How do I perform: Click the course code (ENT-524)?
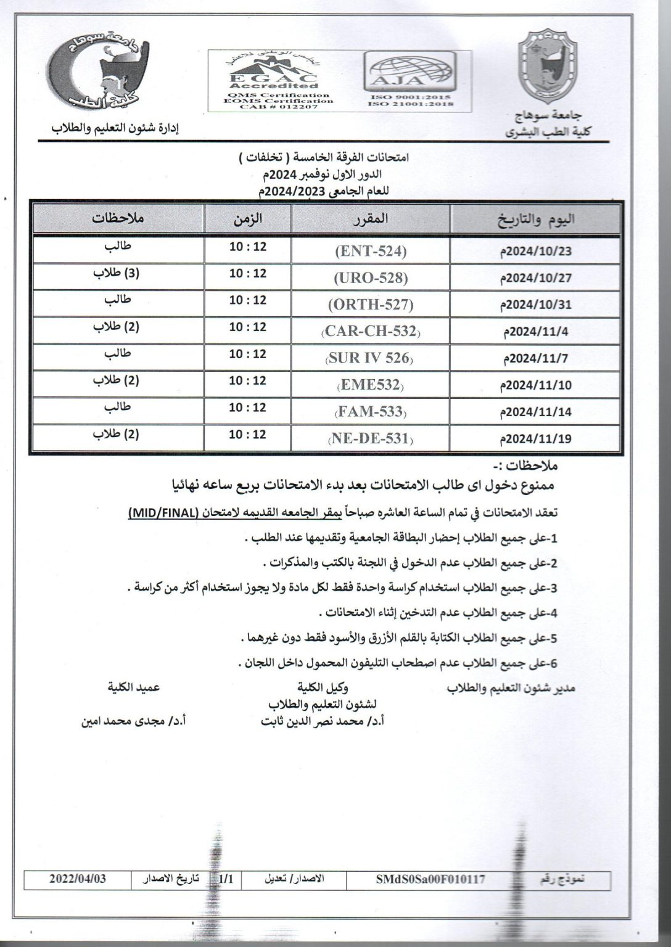tap(371, 251)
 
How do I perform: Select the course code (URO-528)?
tap(371, 277)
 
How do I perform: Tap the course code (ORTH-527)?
tap(371, 305)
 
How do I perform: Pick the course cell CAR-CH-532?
tap(371, 332)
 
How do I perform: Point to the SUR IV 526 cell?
tap(371, 358)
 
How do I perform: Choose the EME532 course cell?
tap(371, 385)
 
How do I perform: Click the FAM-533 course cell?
tap(371, 412)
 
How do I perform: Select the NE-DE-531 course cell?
tap(371, 439)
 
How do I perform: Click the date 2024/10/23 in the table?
tap(535, 252)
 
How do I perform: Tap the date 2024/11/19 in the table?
tap(535, 439)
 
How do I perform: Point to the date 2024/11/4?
tap(538, 332)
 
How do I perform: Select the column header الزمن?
tap(247, 218)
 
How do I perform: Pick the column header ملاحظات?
tap(118, 218)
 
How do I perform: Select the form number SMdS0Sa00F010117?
tap(430, 880)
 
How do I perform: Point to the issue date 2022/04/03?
tap(78, 879)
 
